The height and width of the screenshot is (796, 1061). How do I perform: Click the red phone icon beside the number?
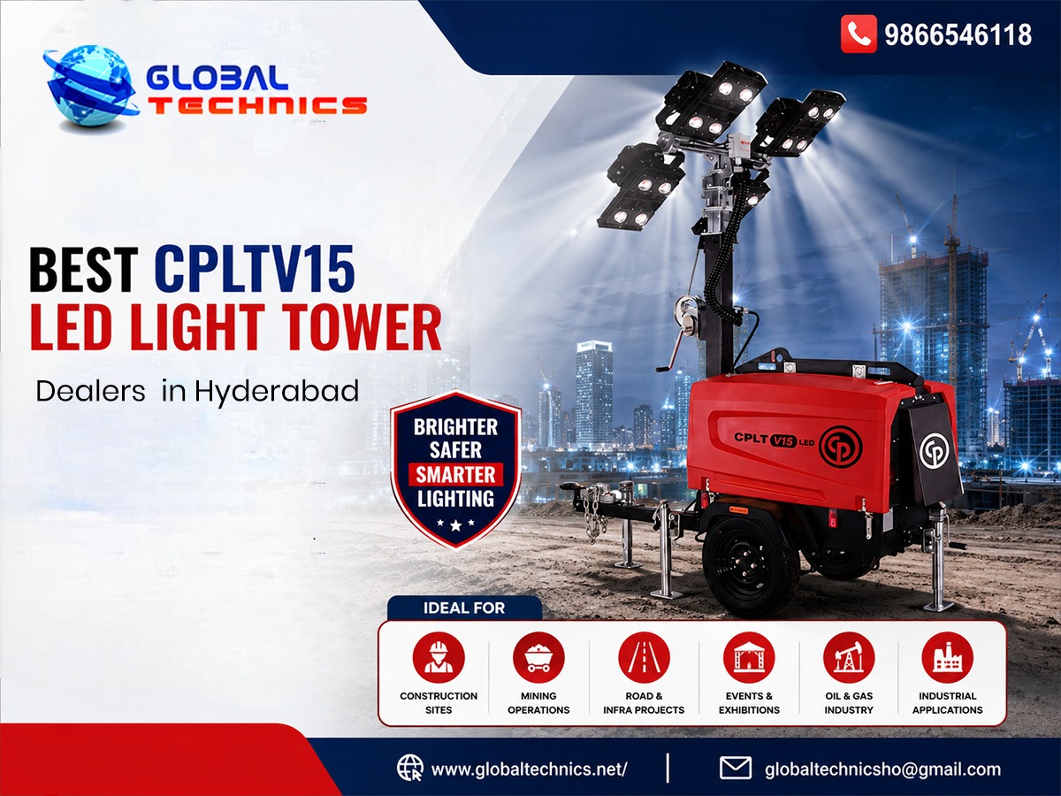coord(859,34)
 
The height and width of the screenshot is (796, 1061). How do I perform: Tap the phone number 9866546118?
coord(958,34)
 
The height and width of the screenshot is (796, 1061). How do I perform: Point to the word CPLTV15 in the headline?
coord(255,268)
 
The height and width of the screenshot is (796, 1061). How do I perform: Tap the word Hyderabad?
coord(277,392)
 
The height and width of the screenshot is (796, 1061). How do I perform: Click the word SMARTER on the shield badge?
coord(456,475)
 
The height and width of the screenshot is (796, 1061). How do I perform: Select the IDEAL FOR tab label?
coord(464,608)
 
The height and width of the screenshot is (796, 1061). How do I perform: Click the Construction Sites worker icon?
coord(439,658)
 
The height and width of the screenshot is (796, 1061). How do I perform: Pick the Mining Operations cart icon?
coord(539,658)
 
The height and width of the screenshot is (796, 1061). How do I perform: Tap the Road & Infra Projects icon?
coord(644,658)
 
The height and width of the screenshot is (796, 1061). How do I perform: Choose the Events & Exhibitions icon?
coord(749,658)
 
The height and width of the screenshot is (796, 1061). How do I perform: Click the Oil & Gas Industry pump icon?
coord(849,658)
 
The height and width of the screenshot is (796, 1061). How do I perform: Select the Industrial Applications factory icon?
coord(948,658)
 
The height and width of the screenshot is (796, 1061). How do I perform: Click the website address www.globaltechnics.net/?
coord(530,769)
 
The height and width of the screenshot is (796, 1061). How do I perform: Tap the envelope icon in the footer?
coord(736,768)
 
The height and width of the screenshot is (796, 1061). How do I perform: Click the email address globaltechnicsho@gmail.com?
coord(882,769)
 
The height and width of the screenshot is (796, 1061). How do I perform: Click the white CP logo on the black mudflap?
coord(935,450)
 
